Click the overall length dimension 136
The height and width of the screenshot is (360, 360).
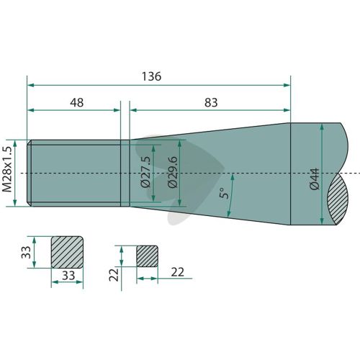[151, 76]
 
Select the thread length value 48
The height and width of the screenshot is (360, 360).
[77, 102]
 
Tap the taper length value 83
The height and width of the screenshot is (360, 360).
[211, 102]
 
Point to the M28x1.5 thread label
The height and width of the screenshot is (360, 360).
[7, 169]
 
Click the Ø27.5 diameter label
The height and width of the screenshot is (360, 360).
[145, 171]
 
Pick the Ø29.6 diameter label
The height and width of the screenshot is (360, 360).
[173, 171]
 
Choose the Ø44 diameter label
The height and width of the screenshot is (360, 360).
[315, 179]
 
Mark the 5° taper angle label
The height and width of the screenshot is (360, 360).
[224, 192]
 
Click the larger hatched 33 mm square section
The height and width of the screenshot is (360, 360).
[67, 252]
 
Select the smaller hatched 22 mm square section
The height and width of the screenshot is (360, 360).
[148, 256]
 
